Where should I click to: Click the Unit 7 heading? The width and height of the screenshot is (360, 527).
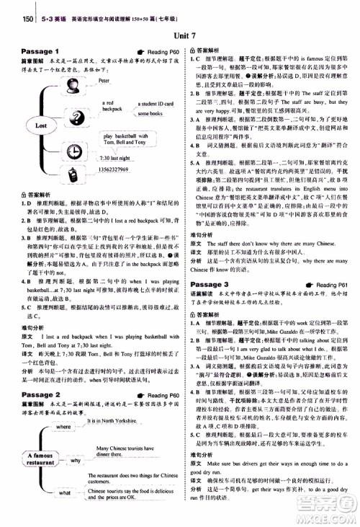coord(180,36)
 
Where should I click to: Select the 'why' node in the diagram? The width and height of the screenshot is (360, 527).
coord(76,459)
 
